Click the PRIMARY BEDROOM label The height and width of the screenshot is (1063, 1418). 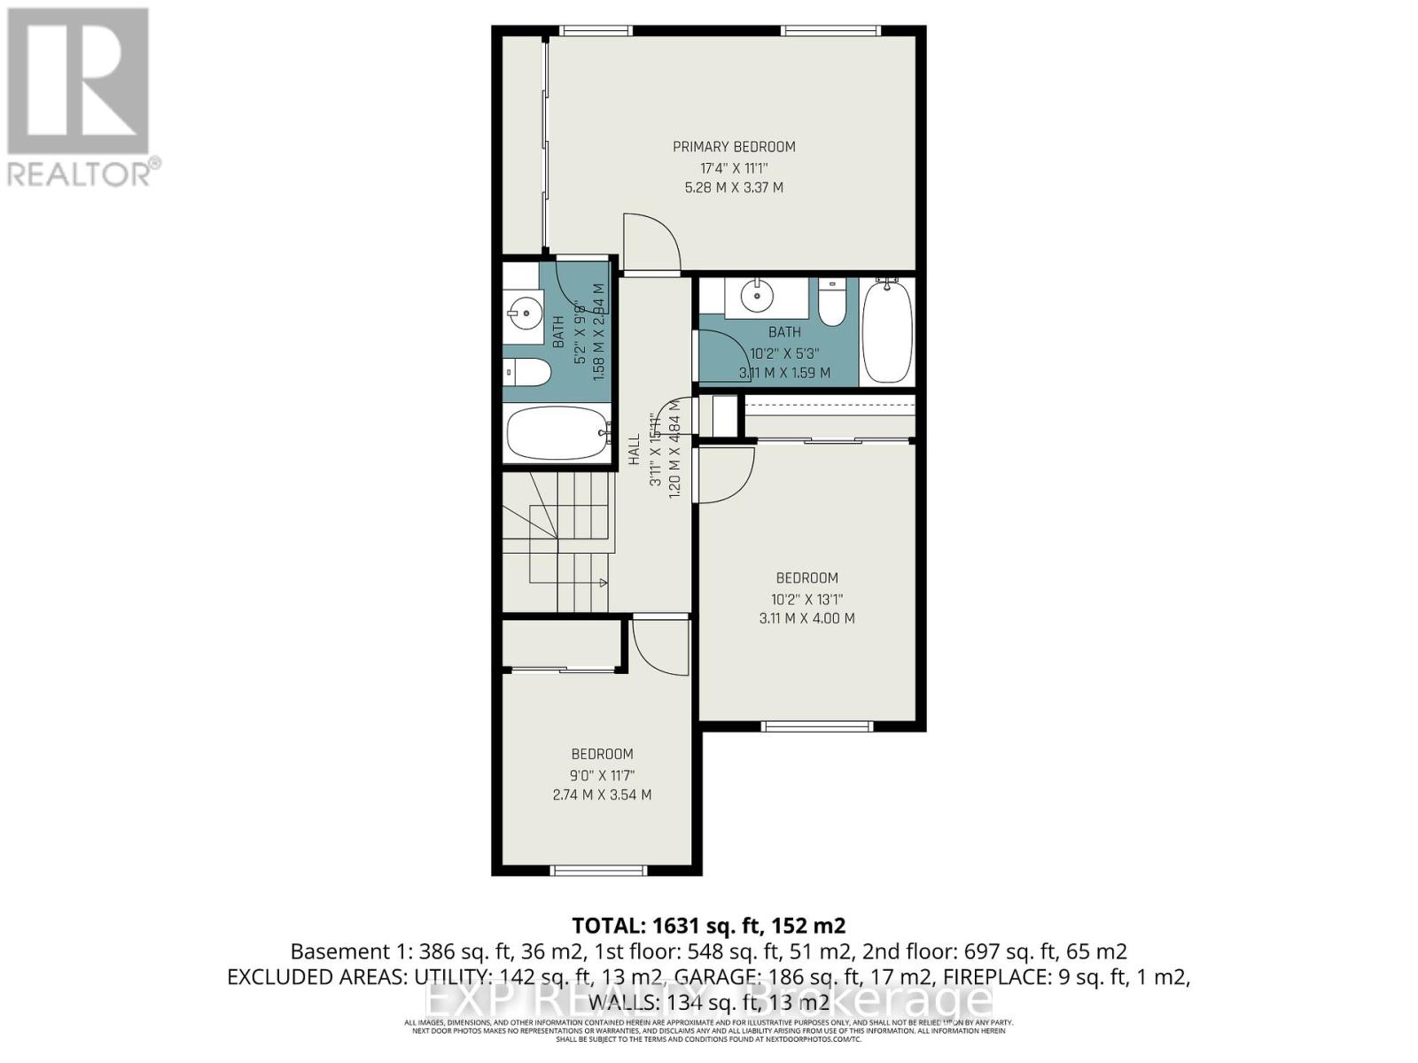[734, 147]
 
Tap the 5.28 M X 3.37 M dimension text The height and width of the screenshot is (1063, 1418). [734, 188]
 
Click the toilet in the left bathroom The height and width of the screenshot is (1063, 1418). [526, 373]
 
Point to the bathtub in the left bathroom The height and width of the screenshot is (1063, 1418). [557, 433]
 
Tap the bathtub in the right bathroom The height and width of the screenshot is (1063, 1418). [886, 330]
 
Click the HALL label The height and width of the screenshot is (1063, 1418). [635, 450]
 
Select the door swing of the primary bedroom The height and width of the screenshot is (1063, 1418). [651, 241]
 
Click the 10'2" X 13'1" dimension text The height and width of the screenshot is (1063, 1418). [806, 599]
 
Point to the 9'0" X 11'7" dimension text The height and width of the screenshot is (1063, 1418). [602, 775]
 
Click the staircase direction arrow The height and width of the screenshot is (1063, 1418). [603, 582]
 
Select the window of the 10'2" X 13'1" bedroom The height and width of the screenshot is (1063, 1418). [816, 726]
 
